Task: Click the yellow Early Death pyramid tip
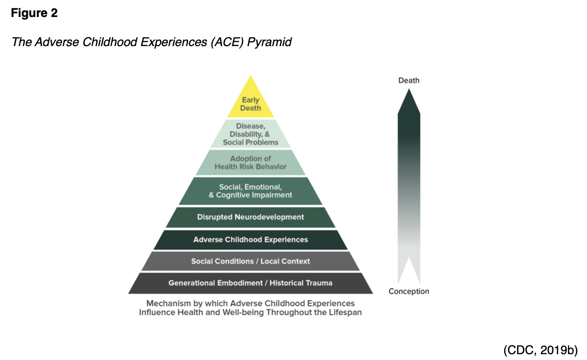coord(250,103)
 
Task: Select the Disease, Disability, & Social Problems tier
coord(250,134)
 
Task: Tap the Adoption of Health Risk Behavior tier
coord(250,163)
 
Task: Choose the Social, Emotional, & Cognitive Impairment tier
coord(250,191)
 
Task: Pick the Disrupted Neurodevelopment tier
coord(250,217)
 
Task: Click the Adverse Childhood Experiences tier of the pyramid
coord(250,240)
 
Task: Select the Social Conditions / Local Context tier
coord(250,261)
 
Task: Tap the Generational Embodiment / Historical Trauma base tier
coord(250,283)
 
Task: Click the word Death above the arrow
coord(409,81)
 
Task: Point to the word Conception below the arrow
coord(409,292)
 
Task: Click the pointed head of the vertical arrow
coord(409,102)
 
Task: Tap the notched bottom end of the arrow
coord(409,274)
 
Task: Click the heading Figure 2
coord(34,14)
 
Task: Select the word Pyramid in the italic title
coord(269,42)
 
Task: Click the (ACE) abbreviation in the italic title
coord(227,42)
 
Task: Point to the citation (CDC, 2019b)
coord(540,349)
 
